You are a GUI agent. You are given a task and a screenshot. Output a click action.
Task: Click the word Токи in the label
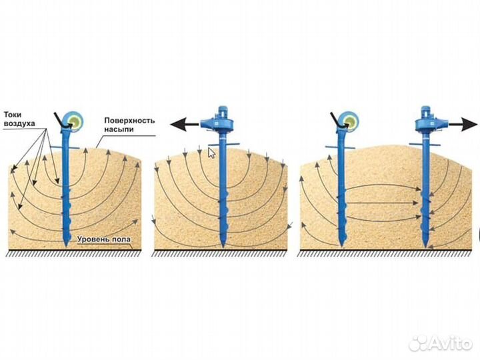[x=13, y=115]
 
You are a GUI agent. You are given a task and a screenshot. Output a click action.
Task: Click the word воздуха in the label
[x=19, y=123]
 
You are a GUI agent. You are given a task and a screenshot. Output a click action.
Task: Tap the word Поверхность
[x=129, y=120]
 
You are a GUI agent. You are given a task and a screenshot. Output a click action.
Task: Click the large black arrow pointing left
[x=185, y=125]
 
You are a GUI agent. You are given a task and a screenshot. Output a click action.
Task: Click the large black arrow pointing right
[x=463, y=124]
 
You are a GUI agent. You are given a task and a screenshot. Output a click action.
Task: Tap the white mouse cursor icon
[x=211, y=153]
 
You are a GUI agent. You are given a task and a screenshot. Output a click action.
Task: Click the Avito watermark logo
[x=441, y=343]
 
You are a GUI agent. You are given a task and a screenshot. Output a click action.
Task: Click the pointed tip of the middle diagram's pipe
[x=223, y=247]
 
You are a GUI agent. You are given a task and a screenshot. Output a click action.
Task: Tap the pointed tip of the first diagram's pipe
[x=66, y=245]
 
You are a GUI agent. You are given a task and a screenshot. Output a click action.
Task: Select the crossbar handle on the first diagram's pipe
[x=65, y=148]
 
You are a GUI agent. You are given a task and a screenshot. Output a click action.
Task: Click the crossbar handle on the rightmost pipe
[x=425, y=144]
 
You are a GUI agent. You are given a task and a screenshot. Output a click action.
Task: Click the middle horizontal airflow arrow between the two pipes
[x=382, y=203]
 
